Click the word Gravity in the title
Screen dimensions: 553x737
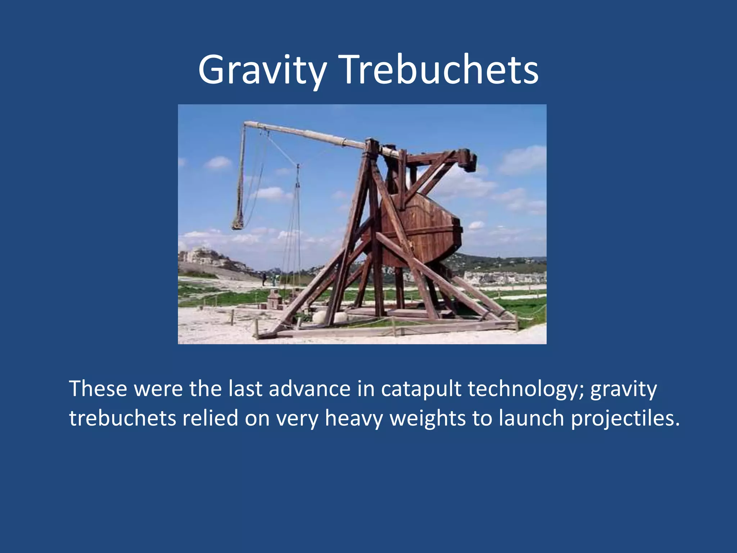click(262, 70)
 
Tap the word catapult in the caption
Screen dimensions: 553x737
click(421, 389)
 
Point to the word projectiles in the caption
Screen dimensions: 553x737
click(625, 418)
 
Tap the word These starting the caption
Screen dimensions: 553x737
click(98, 389)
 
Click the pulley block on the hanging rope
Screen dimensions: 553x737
click(298, 185)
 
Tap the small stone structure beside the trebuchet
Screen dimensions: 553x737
click(274, 299)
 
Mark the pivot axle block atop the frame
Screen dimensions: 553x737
click(372, 146)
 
